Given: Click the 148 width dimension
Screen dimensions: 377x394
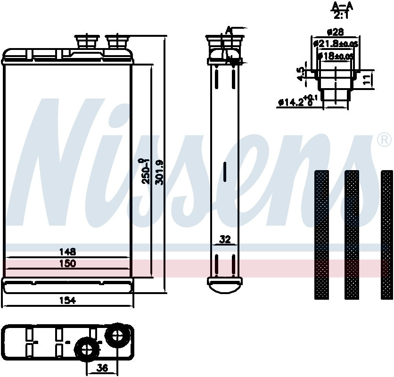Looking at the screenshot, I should click(68, 252).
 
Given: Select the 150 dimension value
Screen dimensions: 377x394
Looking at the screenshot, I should click(68, 263).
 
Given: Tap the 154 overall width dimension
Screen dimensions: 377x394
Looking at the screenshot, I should click(68, 300).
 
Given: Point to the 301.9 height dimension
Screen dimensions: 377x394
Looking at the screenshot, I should click(159, 172).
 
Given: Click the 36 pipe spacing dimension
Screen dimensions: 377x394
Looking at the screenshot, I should click(101, 368).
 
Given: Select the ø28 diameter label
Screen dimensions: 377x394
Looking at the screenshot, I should click(335, 33).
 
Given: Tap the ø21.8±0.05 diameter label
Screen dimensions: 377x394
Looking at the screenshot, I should click(336, 44).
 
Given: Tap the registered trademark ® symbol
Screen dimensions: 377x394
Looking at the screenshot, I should click(384, 139).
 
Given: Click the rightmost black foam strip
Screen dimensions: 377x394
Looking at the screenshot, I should click(386, 234).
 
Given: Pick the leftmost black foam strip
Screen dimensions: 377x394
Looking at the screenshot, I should click(321, 234).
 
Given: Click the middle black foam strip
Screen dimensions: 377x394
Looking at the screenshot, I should click(352, 234).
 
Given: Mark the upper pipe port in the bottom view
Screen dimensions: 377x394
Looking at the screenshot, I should click(116, 335).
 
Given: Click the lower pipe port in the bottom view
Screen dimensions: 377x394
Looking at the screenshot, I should click(87, 350).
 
